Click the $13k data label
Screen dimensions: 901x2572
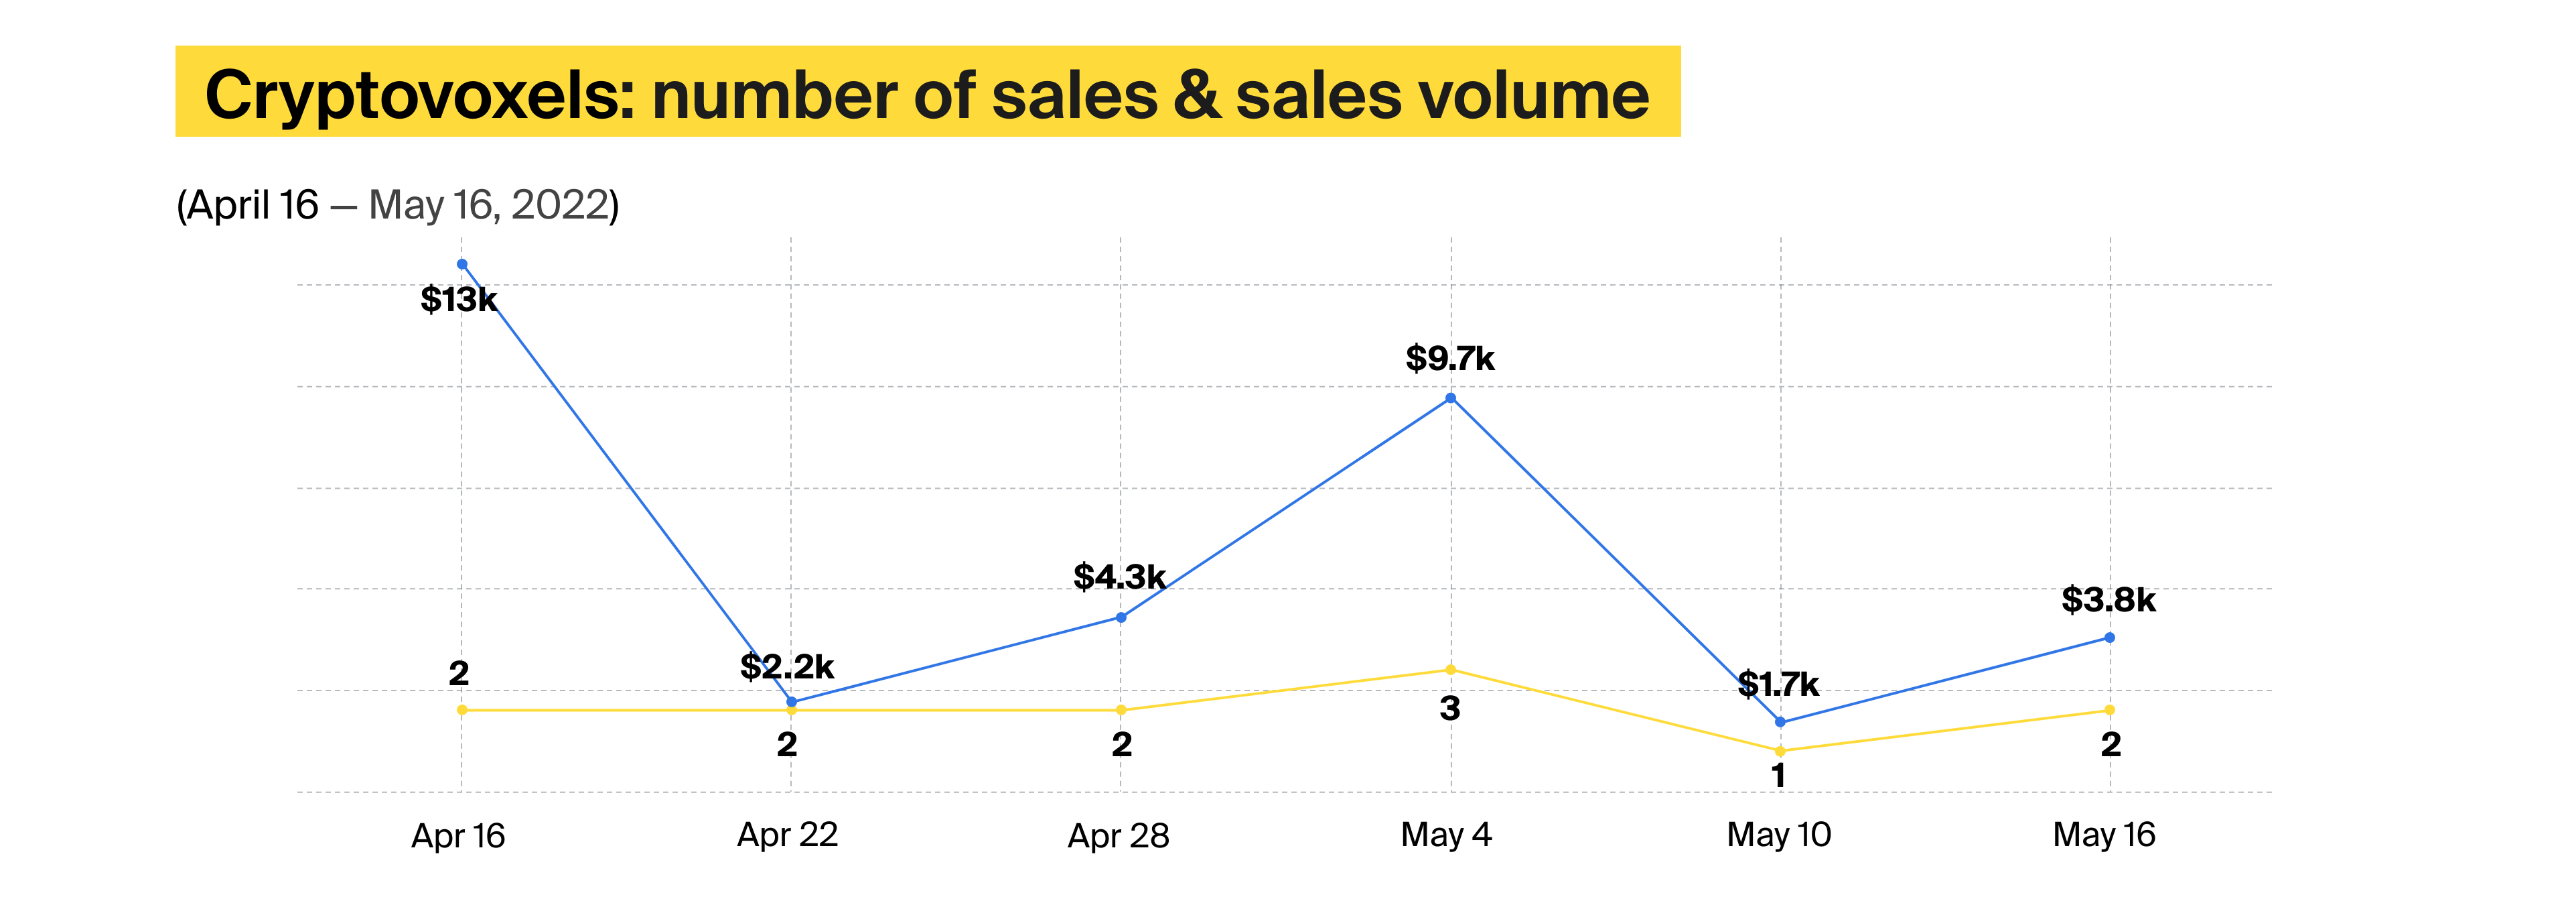[x=458, y=300]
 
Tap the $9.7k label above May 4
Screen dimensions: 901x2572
[x=1449, y=359]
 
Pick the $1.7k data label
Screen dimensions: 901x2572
[x=1778, y=685]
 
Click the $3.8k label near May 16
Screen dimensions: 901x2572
[x=2109, y=601]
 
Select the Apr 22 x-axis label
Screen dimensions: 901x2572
[x=788, y=835]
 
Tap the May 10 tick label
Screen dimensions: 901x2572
[x=1779, y=835]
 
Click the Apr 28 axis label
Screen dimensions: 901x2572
[x=1119, y=836]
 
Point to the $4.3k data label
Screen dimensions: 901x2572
[x=1119, y=577]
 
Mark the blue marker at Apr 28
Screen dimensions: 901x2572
[x=1121, y=618]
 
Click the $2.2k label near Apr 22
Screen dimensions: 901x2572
[x=787, y=667]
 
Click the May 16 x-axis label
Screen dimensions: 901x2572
[x=2104, y=835]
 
